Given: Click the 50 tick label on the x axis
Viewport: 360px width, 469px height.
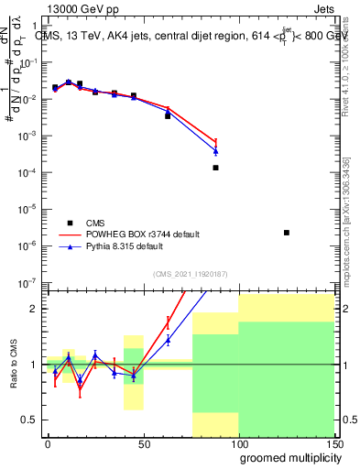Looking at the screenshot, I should click(143, 442).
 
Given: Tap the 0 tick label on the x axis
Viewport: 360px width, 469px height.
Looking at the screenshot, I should click(48, 442).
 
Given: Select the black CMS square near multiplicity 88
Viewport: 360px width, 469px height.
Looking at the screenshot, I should click(215, 168).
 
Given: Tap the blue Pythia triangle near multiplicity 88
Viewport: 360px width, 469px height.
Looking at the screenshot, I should click(215, 151).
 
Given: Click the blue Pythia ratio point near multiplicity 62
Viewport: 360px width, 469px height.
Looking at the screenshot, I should click(168, 340).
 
